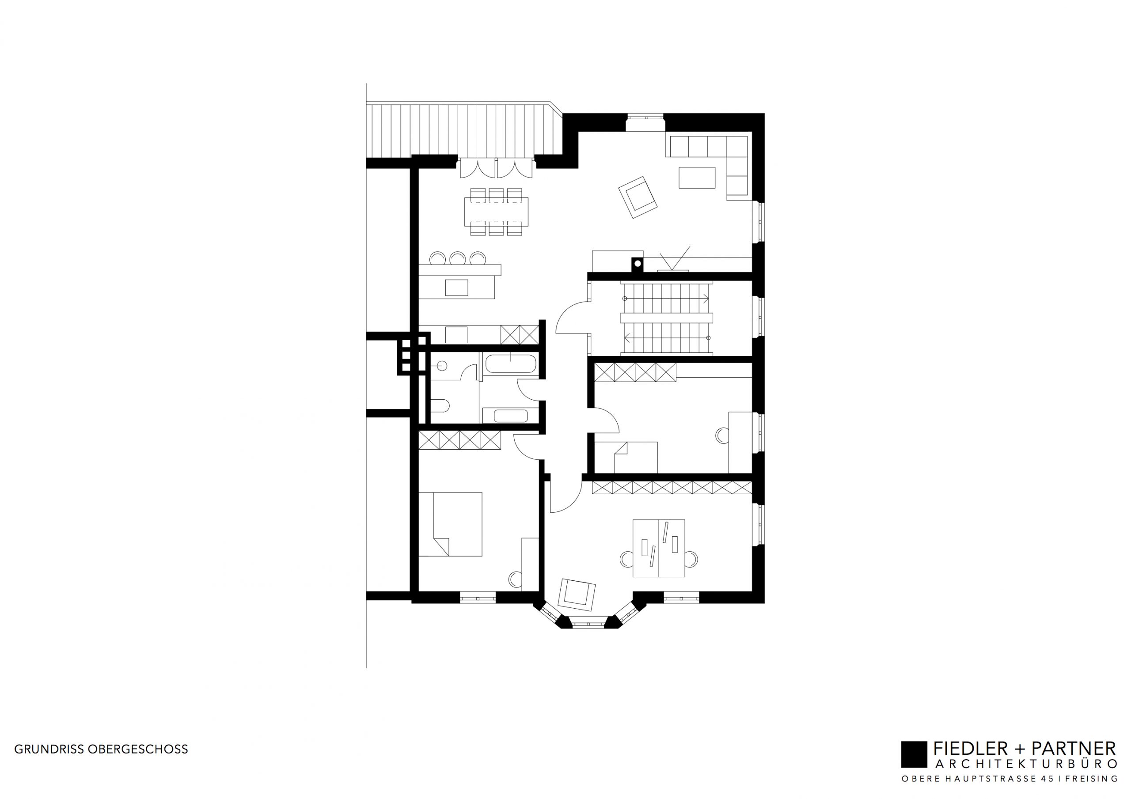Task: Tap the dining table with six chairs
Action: point(496,212)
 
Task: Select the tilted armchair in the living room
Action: point(638,197)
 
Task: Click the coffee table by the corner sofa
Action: point(697,178)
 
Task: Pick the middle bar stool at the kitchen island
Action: point(458,259)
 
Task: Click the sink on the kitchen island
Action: point(457,288)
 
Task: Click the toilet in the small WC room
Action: point(440,406)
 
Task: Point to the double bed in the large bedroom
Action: point(450,524)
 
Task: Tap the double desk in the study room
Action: point(659,548)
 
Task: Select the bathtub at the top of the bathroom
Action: point(511,364)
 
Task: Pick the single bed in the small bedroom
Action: point(636,458)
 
